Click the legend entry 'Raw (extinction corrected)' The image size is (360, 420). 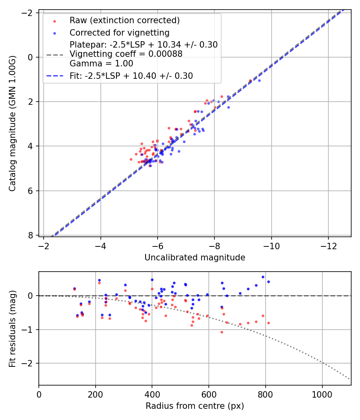124,20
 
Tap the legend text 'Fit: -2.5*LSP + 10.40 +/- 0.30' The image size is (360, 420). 131,76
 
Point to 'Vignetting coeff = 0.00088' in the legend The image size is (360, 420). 126,54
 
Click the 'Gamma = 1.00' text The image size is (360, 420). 101,64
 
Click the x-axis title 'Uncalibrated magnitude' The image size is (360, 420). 195,258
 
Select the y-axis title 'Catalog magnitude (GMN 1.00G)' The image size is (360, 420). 13,123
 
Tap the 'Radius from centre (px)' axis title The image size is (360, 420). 195,406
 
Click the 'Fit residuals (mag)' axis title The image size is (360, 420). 13,328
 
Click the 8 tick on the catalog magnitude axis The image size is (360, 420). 30,235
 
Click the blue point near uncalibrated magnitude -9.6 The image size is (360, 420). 259,80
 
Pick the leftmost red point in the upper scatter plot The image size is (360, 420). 131,159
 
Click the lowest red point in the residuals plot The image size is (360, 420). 222,332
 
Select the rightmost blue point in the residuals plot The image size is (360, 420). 268,282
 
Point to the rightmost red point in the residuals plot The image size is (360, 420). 268,323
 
